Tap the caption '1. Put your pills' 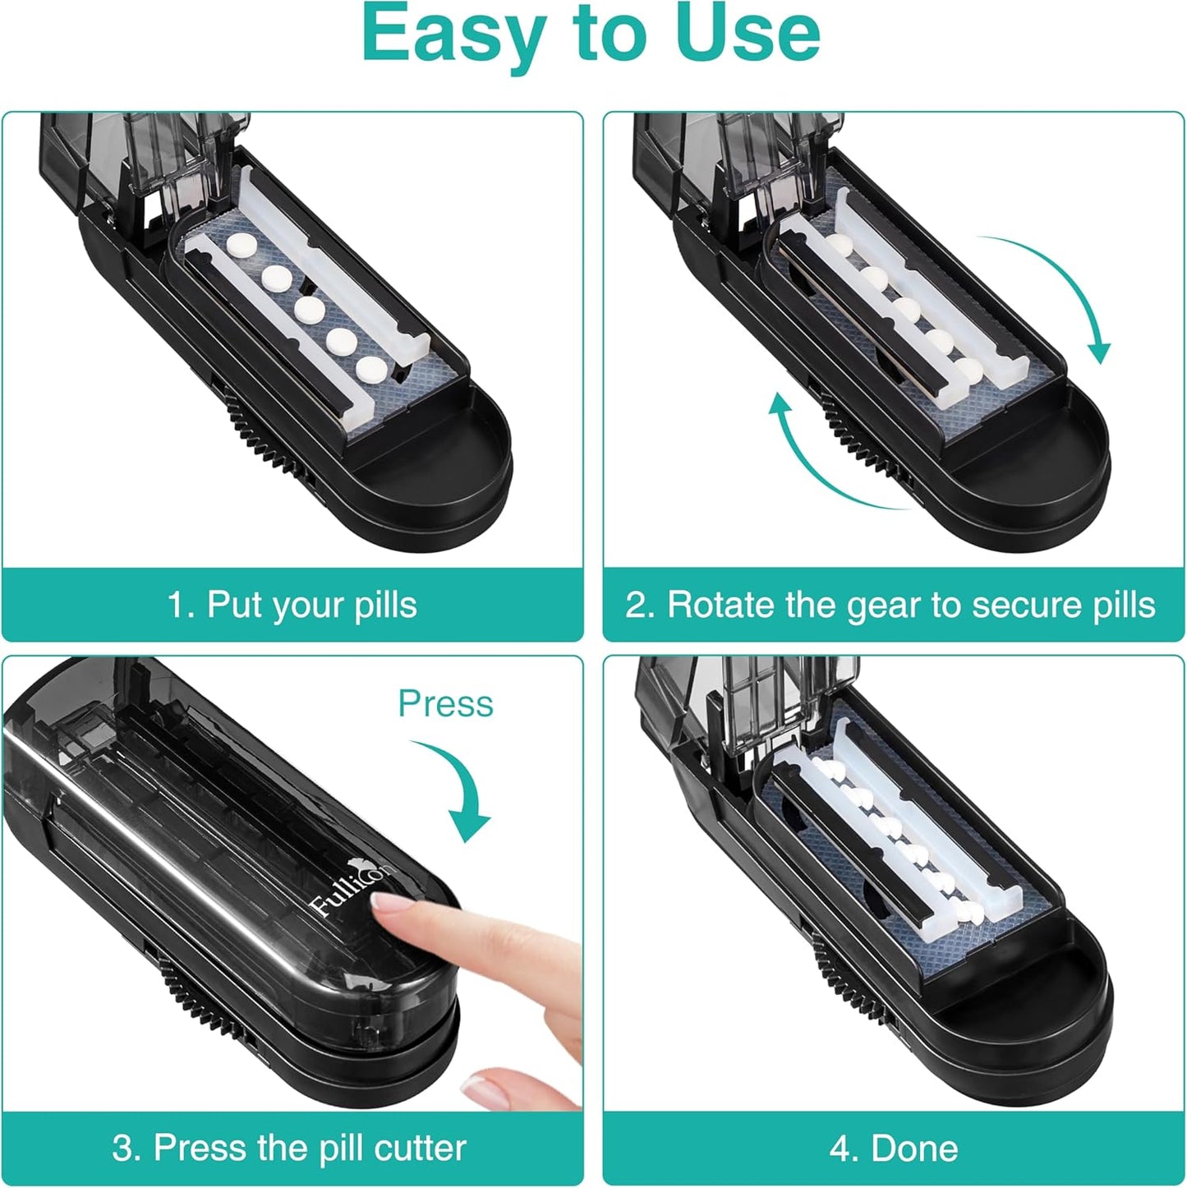coord(292,606)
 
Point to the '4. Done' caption coord(894,1148)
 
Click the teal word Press coord(445,704)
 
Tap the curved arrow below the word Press coord(460,789)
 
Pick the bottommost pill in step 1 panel coord(370,370)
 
